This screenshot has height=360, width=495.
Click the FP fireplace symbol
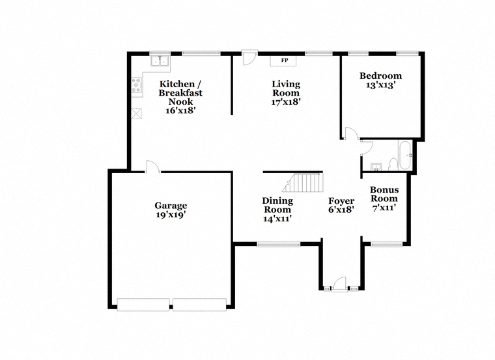click(x=283, y=61)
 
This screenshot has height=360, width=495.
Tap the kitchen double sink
click(x=160, y=61)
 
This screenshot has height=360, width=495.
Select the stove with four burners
click(x=137, y=85)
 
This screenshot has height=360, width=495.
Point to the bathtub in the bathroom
click(x=405, y=156)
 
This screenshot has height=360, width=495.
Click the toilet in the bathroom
click(x=393, y=165)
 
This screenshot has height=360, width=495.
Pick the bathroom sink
click(x=376, y=167)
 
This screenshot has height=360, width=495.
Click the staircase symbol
click(x=303, y=183)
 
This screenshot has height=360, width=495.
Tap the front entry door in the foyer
click(x=340, y=284)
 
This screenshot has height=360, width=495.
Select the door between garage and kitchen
click(x=153, y=167)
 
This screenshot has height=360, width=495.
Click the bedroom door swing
click(x=351, y=133)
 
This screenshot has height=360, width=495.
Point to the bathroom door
click(x=367, y=148)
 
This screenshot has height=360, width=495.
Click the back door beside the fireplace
click(x=249, y=58)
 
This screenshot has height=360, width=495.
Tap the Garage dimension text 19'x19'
click(x=171, y=215)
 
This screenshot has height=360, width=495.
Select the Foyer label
click(x=341, y=201)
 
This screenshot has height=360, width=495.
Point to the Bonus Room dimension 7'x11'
click(x=384, y=208)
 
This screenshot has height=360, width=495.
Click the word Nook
click(x=180, y=102)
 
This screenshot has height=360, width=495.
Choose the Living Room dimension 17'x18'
click(x=286, y=102)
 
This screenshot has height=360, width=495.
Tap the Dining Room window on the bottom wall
click(x=278, y=244)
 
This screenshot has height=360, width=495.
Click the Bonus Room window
click(x=386, y=244)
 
